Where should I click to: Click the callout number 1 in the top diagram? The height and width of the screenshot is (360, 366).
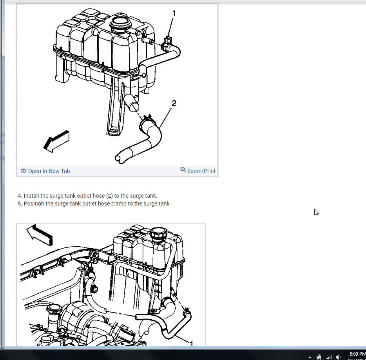coord(174,14)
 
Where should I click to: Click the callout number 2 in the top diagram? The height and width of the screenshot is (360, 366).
coord(174,103)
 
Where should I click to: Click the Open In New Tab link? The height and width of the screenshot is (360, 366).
coord(49,171)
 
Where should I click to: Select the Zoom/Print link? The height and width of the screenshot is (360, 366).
coord(201,171)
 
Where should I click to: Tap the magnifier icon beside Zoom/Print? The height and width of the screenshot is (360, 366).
coord(183,169)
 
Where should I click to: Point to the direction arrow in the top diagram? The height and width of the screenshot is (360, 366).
coord(56,141)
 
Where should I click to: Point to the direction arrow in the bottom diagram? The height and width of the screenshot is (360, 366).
coord(40,235)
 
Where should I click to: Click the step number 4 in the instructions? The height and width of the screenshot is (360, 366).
coord(20,196)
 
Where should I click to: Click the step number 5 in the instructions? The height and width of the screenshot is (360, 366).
coord(20,204)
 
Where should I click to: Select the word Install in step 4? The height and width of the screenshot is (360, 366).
coord(31,196)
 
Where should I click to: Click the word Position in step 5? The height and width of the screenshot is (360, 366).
coord(34,204)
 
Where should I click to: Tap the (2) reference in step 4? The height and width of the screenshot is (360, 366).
coord(109,196)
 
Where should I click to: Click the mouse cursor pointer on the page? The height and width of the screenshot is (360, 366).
coord(316,212)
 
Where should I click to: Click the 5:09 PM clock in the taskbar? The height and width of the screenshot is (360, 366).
coord(357,354)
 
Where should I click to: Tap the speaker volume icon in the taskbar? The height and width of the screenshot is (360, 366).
coord(338,357)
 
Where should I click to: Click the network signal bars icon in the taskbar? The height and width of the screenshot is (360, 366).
coord(329,357)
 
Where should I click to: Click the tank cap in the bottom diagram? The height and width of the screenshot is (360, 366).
coord(158,233)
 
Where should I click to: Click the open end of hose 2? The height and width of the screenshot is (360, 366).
coord(118,159)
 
